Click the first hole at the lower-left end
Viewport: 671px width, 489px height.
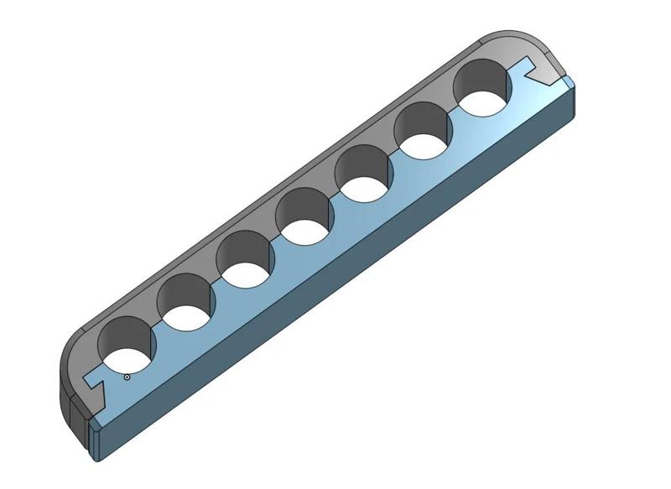(x=126, y=348)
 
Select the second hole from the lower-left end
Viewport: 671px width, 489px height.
(x=186, y=303)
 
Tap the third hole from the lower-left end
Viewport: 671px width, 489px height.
(x=245, y=261)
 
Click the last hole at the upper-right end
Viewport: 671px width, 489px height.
(x=484, y=92)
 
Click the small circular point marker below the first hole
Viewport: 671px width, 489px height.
(x=127, y=377)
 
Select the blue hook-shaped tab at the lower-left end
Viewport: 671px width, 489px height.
(x=94, y=388)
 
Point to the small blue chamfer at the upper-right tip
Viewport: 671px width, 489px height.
(x=570, y=81)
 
